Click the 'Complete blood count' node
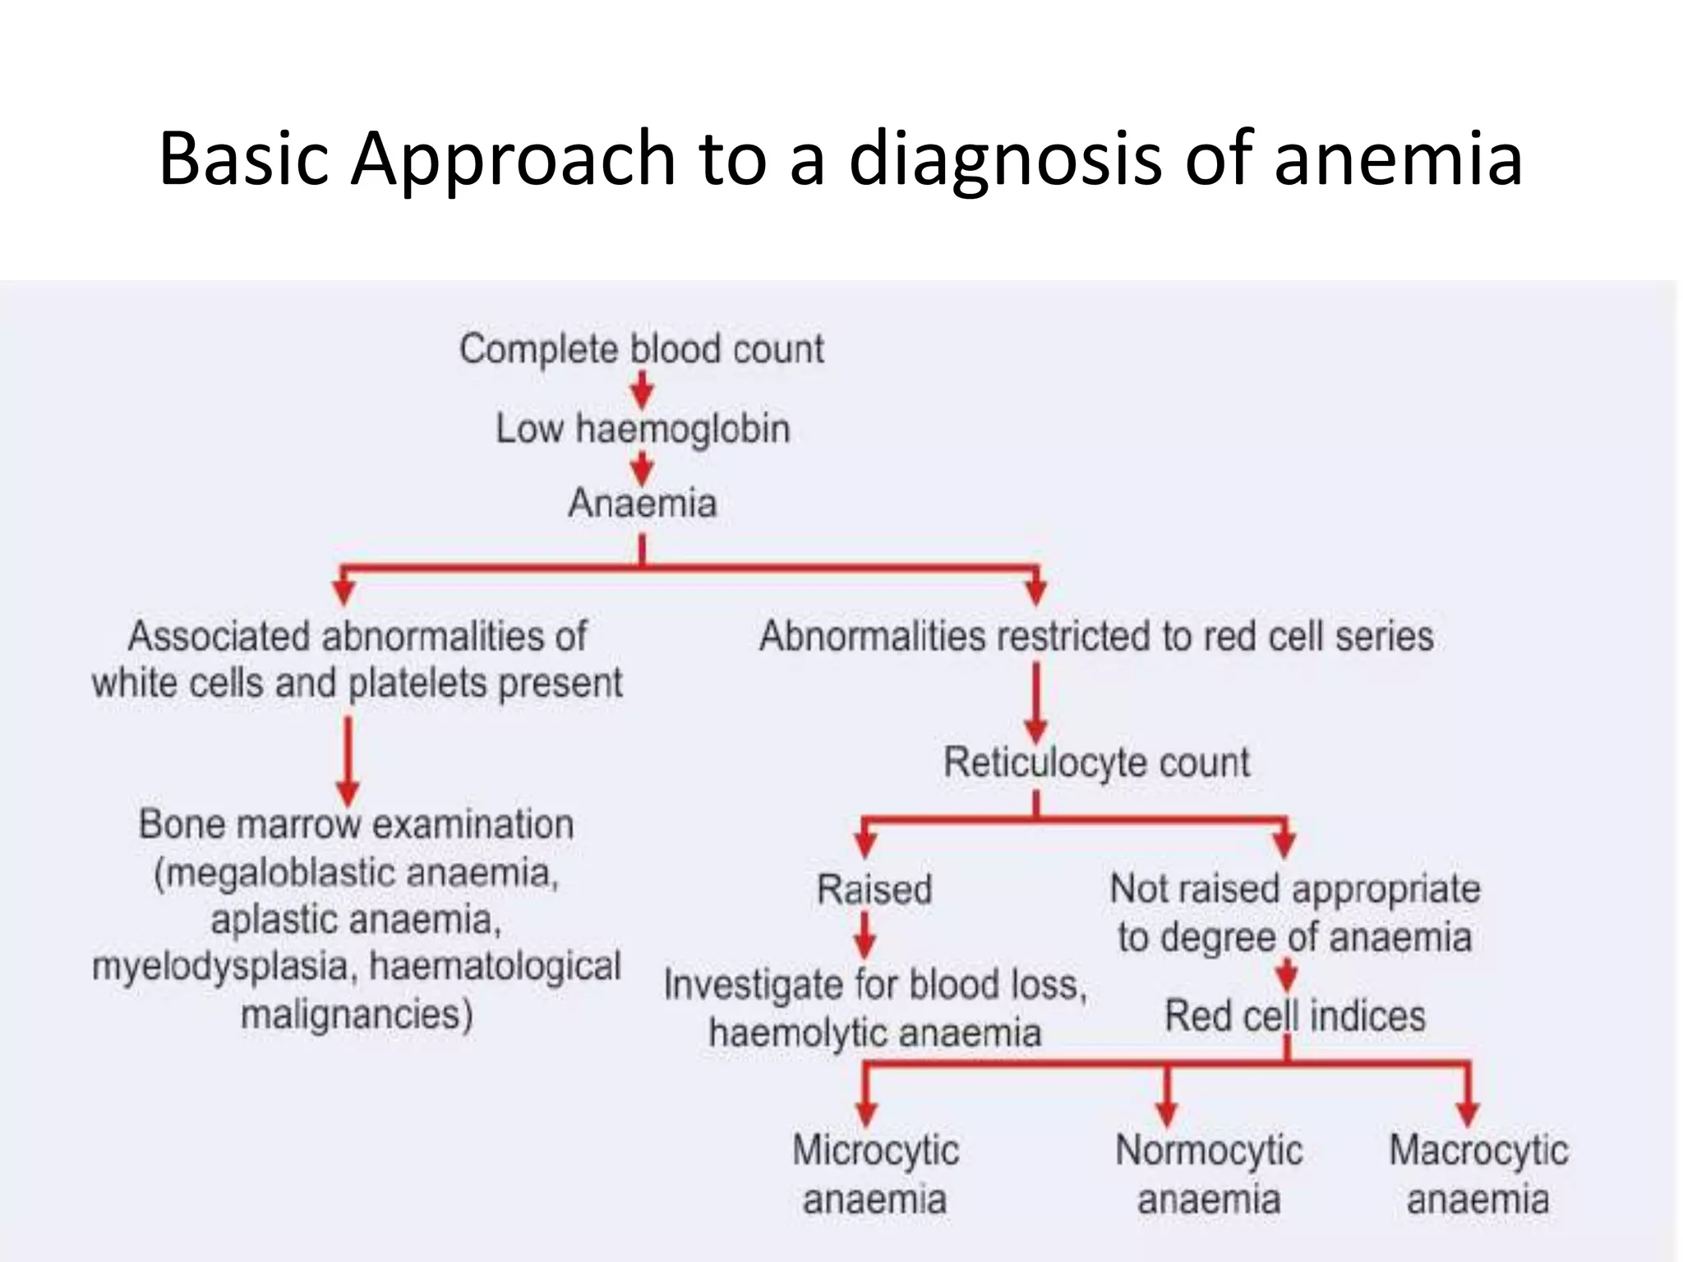pos(641,349)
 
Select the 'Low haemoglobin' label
pos(642,429)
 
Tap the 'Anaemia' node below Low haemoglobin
pos(642,503)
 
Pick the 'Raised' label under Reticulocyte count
pos(874,890)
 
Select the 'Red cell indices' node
pos(1294,1016)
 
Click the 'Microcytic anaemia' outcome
pos(875,1174)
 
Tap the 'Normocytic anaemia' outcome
pos(1209,1174)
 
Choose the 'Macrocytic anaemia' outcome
pos(1478,1174)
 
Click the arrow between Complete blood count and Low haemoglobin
pos(642,389)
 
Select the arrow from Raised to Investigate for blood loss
pos(865,937)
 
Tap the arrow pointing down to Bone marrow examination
pos(348,760)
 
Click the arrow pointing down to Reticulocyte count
pos(1036,702)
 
